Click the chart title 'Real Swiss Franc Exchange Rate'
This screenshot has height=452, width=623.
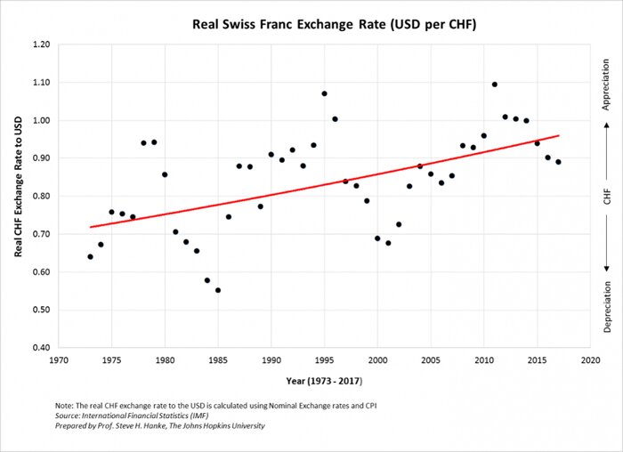coord(335,24)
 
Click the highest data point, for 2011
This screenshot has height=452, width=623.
coord(494,85)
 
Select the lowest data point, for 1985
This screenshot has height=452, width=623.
coord(217,290)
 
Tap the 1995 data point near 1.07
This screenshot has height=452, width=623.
coord(324,93)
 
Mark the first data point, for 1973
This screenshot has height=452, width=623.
coord(90,256)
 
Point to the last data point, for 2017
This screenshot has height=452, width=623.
coord(558,162)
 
